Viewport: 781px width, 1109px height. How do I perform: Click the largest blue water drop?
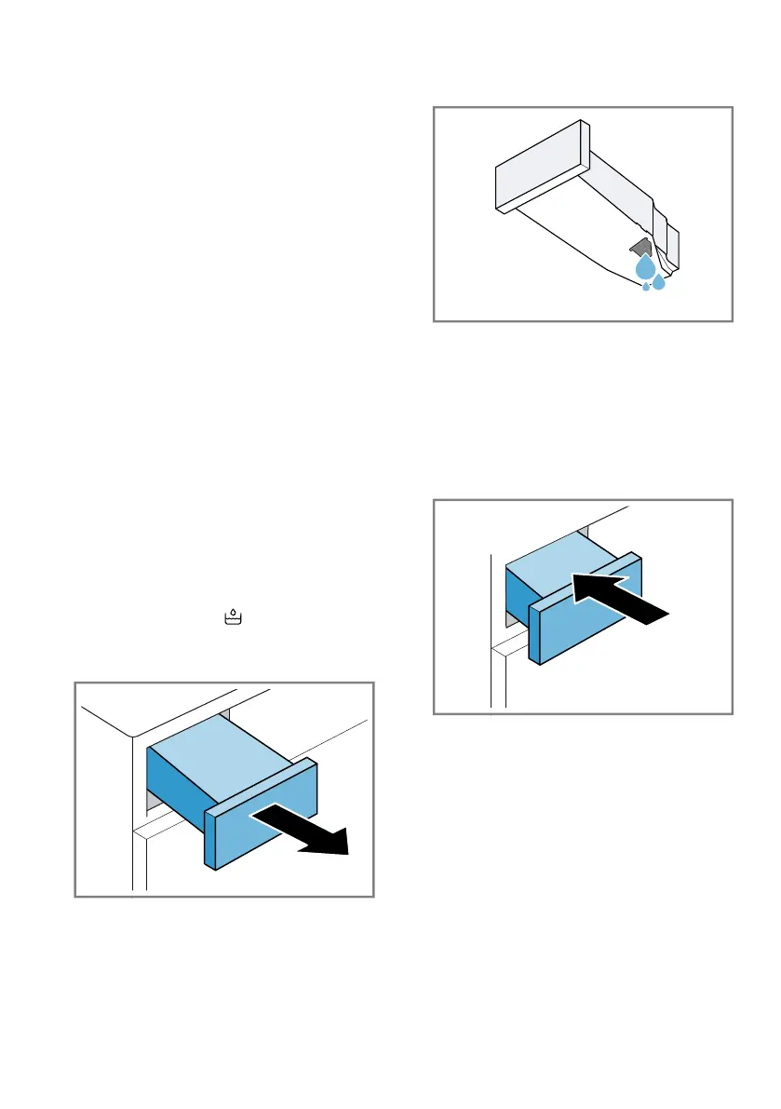[x=644, y=269]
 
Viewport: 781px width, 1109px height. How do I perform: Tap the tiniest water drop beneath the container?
[x=646, y=287]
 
